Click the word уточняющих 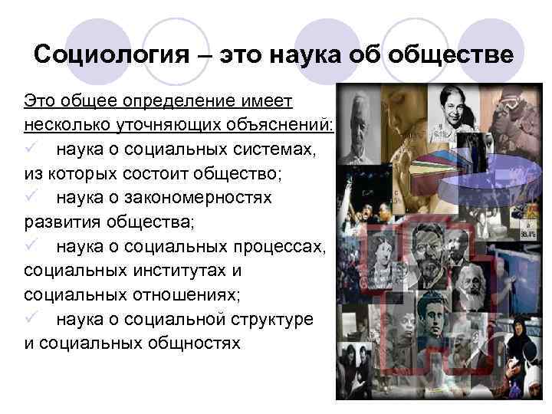(159, 124)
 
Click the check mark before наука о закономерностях (31, 198)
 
